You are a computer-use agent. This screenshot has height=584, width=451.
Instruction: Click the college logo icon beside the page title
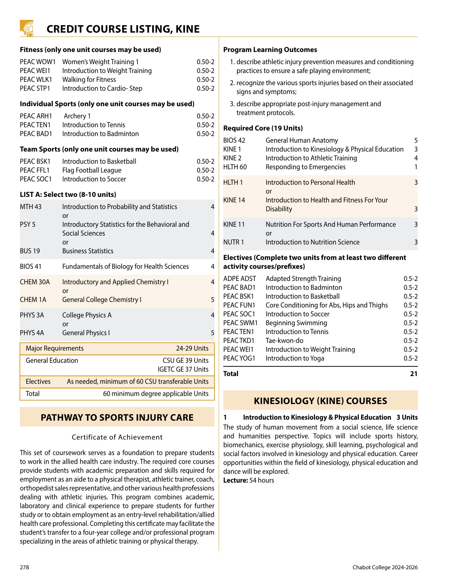pyautogui.click(x=27, y=28)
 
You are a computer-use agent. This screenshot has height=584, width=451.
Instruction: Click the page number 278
pyautogui.click(x=24, y=567)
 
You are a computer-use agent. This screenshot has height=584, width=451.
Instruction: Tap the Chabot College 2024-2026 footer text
pyautogui.click(x=385, y=567)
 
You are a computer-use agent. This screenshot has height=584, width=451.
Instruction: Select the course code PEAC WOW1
pyautogui.click(x=38, y=62)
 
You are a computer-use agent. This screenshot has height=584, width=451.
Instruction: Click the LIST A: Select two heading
pyautogui.click(x=68, y=195)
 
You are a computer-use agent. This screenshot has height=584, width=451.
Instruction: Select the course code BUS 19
pyautogui.click(x=30, y=251)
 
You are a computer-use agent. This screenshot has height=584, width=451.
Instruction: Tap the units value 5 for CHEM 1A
pyautogui.click(x=212, y=300)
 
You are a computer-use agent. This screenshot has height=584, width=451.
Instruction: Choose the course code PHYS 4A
pyautogui.click(x=32, y=333)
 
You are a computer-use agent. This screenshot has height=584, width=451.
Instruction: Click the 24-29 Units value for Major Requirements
pyautogui.click(x=192, y=348)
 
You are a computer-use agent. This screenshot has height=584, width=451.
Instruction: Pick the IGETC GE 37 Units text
pyautogui.click(x=183, y=369)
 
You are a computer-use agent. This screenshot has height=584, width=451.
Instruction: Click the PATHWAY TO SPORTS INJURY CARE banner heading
pyautogui.click(x=117, y=417)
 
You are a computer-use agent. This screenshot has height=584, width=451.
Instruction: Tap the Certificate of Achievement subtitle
pyautogui.click(x=117, y=437)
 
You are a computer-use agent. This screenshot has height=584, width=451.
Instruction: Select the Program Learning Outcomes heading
pyautogui.click(x=270, y=50)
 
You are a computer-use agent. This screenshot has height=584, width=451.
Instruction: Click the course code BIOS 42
pyautogui.click(x=234, y=140)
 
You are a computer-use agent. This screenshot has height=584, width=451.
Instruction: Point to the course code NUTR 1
pyautogui.click(x=234, y=242)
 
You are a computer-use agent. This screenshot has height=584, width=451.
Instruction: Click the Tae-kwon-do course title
pyautogui.click(x=284, y=341)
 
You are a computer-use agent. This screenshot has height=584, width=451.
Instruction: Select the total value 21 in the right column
pyautogui.click(x=413, y=374)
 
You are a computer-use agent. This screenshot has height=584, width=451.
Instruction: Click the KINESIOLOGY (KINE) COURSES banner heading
pyautogui.click(x=320, y=401)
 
